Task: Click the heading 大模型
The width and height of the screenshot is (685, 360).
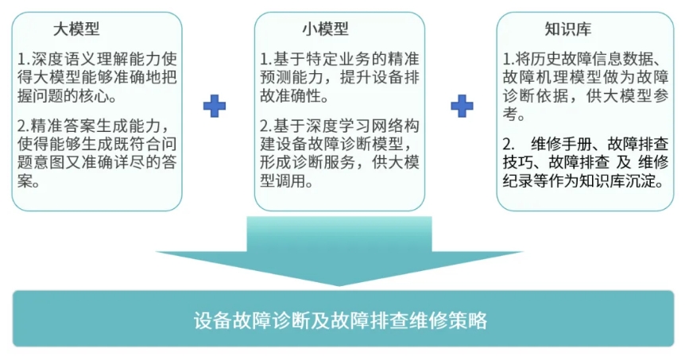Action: [76, 29]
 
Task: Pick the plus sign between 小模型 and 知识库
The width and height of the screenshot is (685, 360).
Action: [462, 106]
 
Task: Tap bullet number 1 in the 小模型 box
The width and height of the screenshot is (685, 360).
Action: [265, 60]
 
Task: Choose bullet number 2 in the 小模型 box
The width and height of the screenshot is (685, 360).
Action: [265, 125]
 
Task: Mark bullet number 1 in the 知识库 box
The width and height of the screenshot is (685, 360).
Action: [509, 60]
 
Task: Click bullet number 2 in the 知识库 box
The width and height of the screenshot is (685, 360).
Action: [509, 144]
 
